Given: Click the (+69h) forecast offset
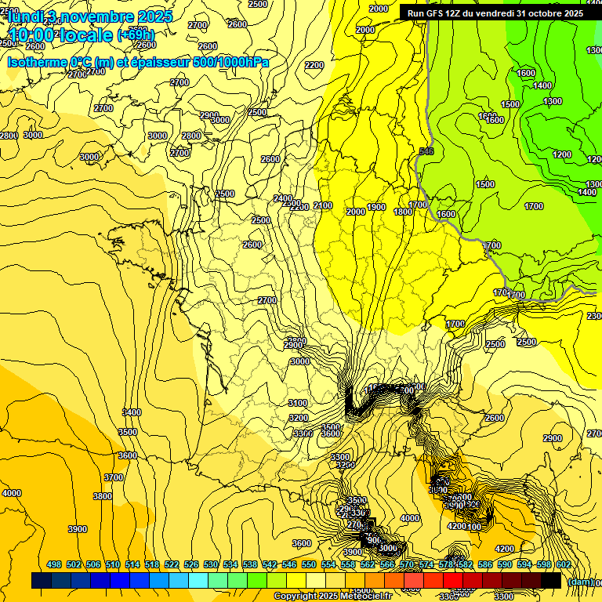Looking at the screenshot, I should click(136, 34).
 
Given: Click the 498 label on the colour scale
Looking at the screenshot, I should click(54, 564).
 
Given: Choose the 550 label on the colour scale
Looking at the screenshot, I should click(309, 564).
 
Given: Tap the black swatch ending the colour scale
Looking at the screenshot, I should click(551, 580).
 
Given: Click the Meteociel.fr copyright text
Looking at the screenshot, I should click(333, 596).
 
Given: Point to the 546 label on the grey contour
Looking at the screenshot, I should click(426, 151).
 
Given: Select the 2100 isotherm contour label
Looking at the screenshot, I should click(322, 205).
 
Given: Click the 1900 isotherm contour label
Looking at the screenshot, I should click(376, 207).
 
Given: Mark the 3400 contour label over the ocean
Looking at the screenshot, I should click(132, 412).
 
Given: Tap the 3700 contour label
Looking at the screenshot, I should click(114, 477).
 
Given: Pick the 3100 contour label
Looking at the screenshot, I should click(298, 403).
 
